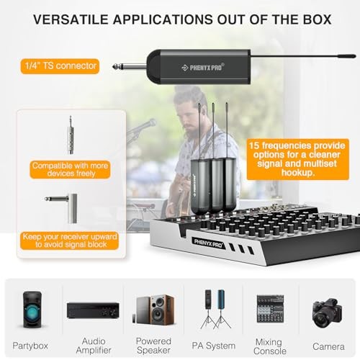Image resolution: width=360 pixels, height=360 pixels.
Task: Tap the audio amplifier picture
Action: point(92,310)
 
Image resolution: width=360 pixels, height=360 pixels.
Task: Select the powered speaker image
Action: point(153,310)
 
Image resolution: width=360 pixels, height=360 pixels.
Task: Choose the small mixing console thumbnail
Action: point(270,310)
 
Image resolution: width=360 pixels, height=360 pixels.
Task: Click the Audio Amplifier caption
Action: point(92,345)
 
